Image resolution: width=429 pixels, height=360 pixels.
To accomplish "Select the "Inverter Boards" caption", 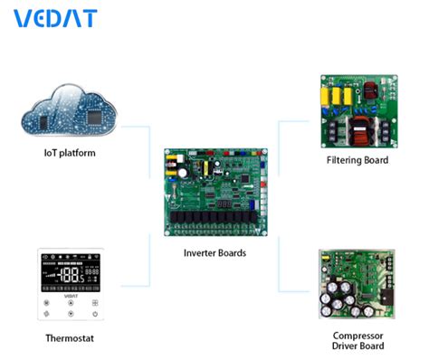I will tap(214, 253).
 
